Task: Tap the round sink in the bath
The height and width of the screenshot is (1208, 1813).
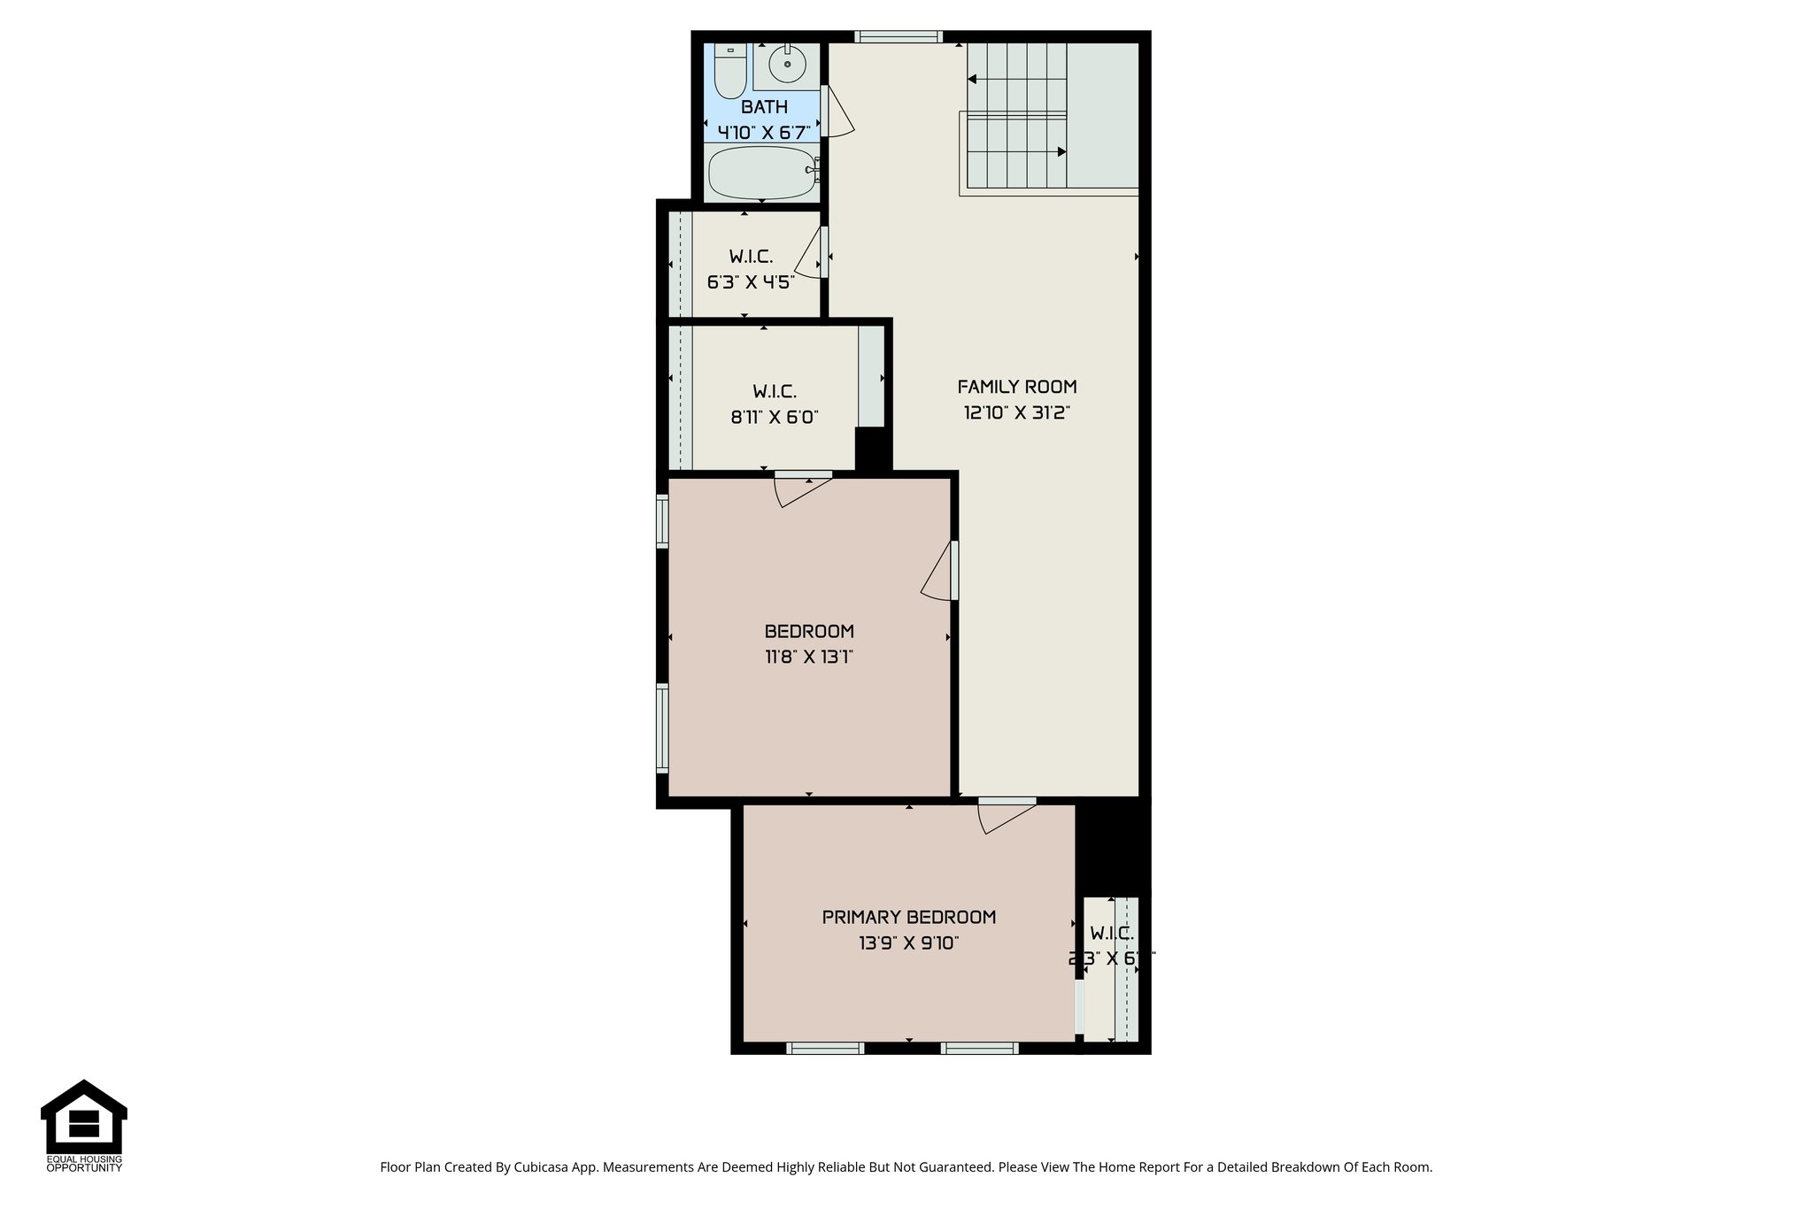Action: point(786,63)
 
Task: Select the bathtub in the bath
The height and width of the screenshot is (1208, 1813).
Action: point(762,173)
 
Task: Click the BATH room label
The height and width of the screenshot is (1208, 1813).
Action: point(764,107)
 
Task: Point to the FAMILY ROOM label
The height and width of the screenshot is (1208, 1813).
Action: point(1017,387)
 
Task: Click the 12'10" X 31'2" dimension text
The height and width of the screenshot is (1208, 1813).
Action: point(1017,413)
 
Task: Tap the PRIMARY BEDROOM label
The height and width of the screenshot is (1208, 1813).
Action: point(909,917)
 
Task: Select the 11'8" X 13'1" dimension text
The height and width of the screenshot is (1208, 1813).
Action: point(808,658)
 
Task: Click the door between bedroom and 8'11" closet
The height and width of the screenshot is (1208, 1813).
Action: point(801,489)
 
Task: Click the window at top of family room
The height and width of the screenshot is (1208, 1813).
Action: point(899,37)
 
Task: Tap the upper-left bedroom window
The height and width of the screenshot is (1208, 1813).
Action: point(662,520)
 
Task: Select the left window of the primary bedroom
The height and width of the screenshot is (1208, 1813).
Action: point(825,1049)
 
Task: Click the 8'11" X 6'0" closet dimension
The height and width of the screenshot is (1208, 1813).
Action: point(775,417)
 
